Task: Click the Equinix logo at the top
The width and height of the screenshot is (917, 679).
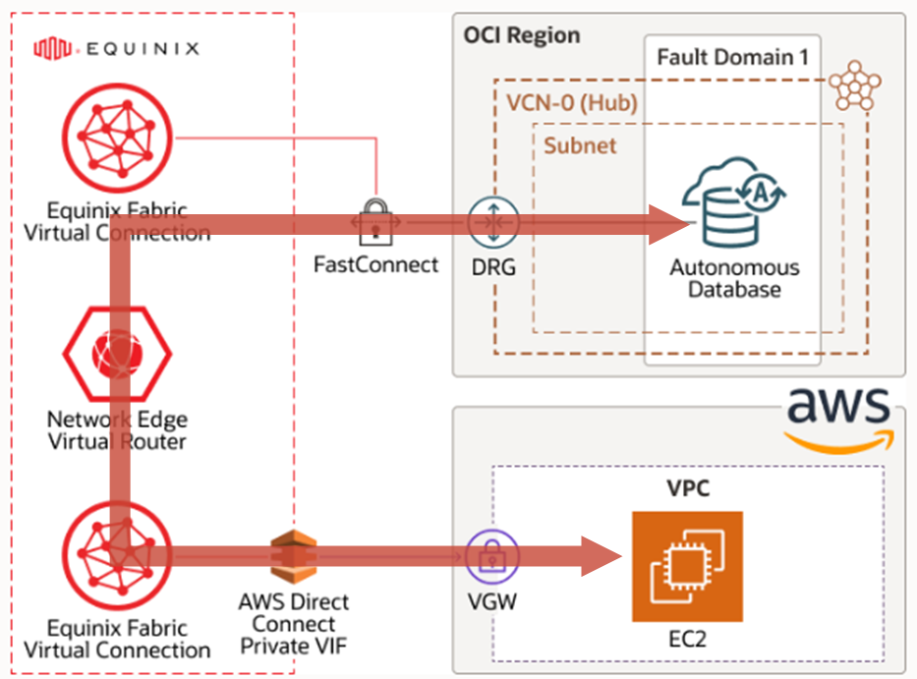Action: point(117,46)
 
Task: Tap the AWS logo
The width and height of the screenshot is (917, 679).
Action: point(839,417)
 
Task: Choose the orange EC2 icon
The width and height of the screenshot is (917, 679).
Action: point(687,567)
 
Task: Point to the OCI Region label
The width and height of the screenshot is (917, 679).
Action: point(522,35)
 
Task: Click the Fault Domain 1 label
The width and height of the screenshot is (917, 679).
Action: point(732,57)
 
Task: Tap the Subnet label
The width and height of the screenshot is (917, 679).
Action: point(581,145)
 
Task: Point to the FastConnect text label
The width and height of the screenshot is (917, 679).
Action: point(376,264)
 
